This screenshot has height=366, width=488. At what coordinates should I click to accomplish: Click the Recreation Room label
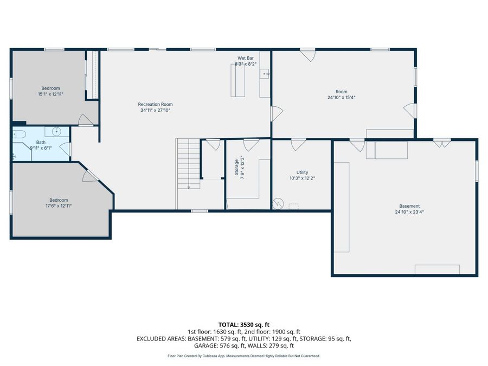click(x=155, y=104)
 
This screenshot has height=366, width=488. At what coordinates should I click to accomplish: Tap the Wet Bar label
click(x=245, y=58)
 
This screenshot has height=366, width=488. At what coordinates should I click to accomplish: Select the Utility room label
click(x=302, y=172)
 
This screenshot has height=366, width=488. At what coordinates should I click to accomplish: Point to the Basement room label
click(x=409, y=206)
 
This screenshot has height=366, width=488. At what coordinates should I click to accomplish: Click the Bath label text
click(x=41, y=142)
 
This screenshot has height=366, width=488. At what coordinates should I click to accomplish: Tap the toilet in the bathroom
click(x=19, y=134)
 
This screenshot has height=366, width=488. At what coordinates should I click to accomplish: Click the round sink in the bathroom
click(x=56, y=131)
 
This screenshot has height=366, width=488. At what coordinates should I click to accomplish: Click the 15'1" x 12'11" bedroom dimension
click(x=50, y=94)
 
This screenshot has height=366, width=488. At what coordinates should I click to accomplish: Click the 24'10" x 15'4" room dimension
click(x=341, y=98)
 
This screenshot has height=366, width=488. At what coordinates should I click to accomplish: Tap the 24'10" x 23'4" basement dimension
click(x=409, y=212)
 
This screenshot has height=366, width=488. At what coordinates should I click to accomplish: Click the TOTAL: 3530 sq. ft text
click(x=243, y=324)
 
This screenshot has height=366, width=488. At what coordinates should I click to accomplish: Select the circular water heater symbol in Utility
click(x=278, y=203)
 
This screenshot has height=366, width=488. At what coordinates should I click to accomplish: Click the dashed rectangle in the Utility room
click(x=293, y=206)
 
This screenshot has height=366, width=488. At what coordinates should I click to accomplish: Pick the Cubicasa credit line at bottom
click(x=243, y=356)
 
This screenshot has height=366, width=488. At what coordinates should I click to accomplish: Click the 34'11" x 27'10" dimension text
click(x=155, y=110)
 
